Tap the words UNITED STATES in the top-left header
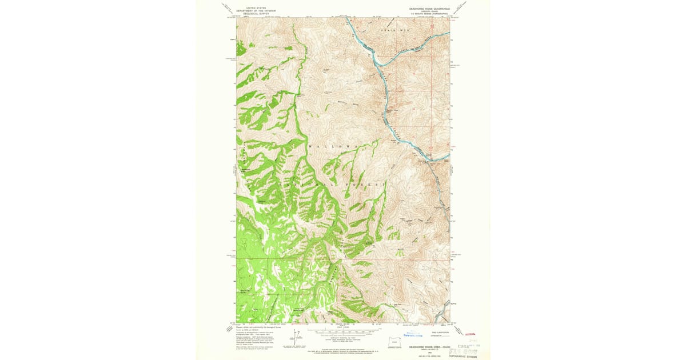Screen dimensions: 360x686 tap(256, 8)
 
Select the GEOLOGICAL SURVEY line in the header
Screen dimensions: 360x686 tap(256, 14)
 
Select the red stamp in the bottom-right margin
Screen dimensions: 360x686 tap(470, 334)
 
